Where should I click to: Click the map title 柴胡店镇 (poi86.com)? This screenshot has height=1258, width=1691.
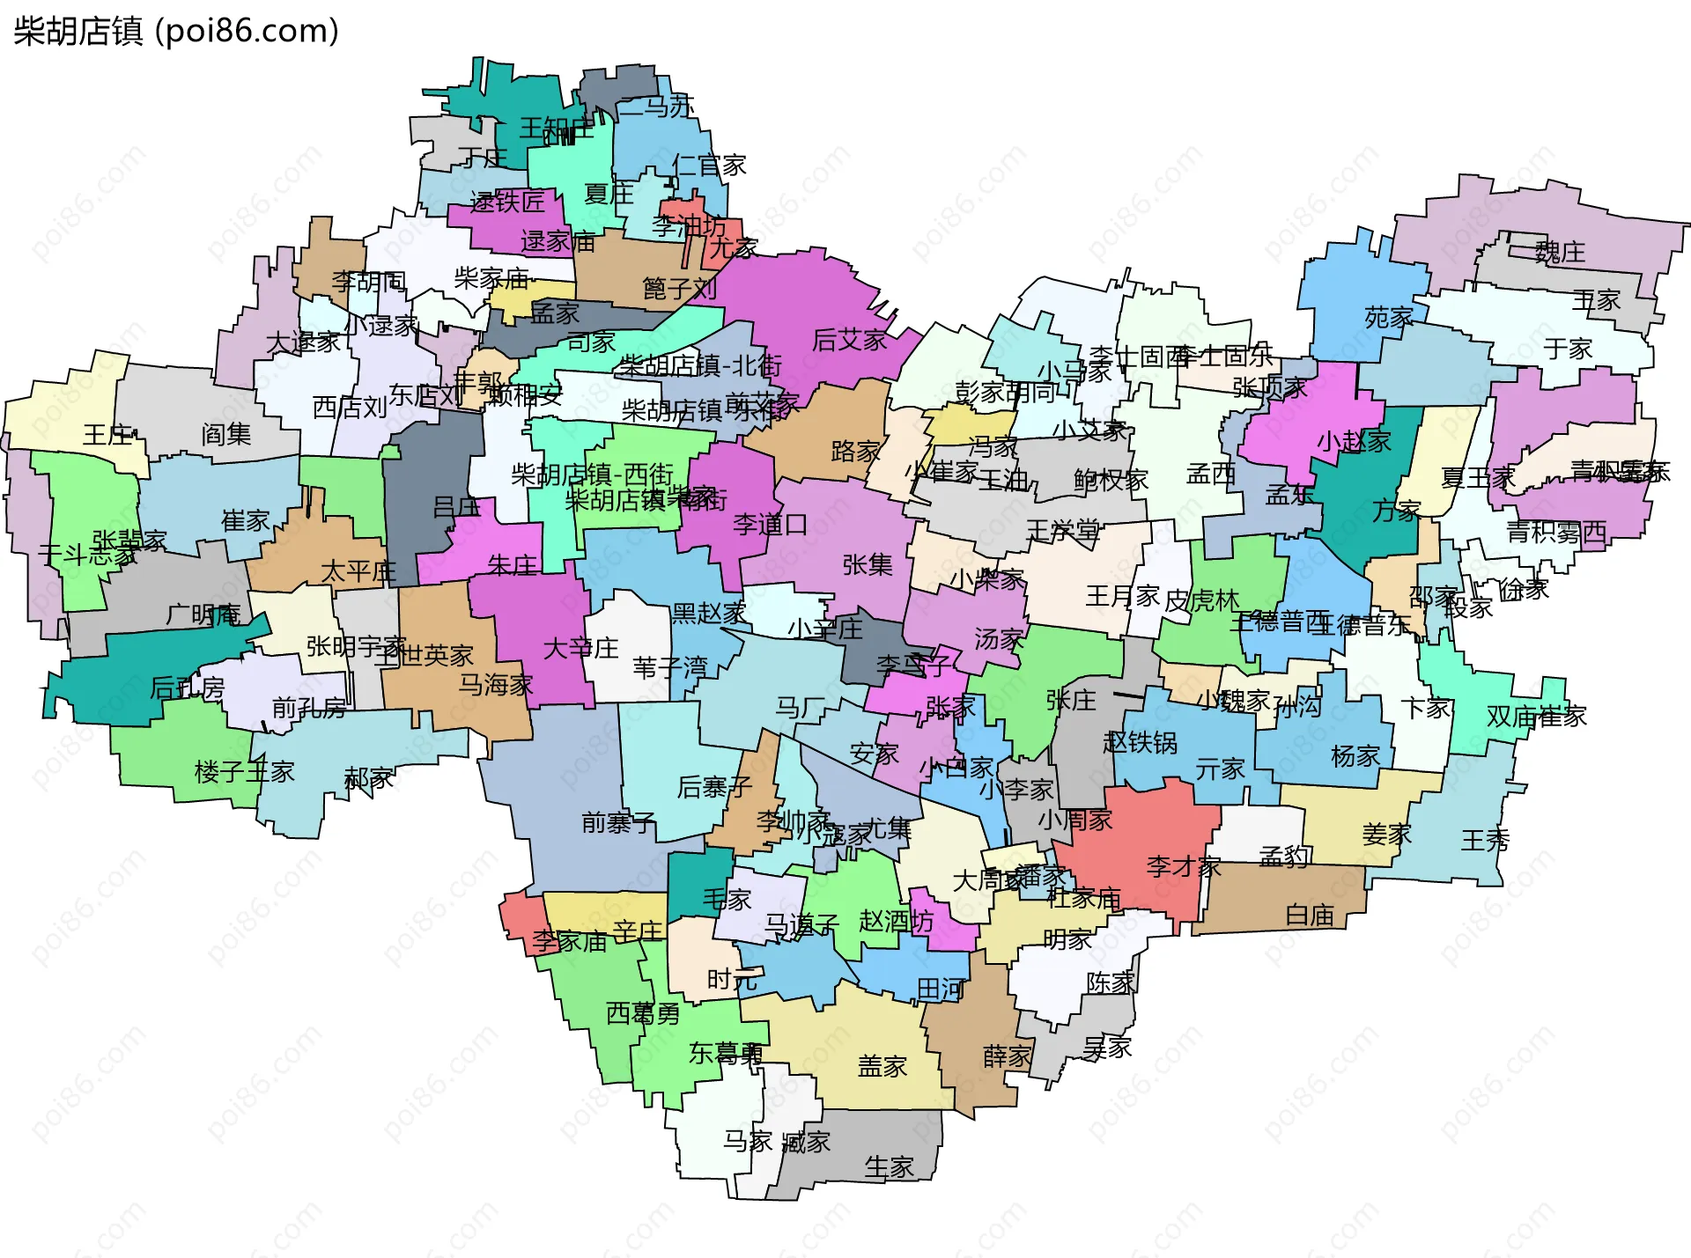click(x=176, y=32)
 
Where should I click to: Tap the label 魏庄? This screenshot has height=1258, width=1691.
click(x=1560, y=253)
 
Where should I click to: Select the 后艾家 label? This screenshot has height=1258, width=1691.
click(x=849, y=340)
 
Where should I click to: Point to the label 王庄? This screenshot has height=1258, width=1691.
click(x=107, y=434)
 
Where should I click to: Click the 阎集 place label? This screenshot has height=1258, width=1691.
click(x=225, y=433)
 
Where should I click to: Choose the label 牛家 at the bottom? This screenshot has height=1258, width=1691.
click(x=889, y=1167)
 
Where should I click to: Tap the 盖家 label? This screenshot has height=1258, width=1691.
click(x=882, y=1066)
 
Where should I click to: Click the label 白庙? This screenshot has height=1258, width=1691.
click(x=1310, y=916)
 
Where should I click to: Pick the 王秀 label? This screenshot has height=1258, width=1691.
click(x=1485, y=840)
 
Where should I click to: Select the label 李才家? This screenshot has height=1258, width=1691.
click(x=1183, y=866)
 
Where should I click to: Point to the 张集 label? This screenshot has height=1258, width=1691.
click(x=868, y=564)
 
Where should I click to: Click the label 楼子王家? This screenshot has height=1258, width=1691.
click(x=244, y=772)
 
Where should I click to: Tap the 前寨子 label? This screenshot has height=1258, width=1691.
click(x=618, y=823)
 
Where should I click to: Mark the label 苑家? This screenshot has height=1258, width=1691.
click(x=1389, y=317)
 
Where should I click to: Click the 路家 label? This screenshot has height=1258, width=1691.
click(x=855, y=452)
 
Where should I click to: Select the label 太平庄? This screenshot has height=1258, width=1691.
click(x=358, y=571)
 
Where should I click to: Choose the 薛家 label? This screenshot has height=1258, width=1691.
click(x=1007, y=1056)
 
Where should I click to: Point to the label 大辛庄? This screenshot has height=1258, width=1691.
click(x=580, y=648)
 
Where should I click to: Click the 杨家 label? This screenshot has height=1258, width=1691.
click(x=1355, y=755)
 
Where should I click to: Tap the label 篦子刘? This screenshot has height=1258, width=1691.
click(x=679, y=288)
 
